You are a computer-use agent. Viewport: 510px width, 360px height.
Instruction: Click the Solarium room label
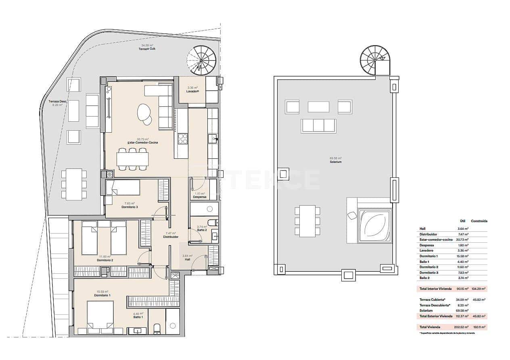click(x=335, y=162)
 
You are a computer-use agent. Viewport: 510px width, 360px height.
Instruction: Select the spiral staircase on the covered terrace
click(x=203, y=60)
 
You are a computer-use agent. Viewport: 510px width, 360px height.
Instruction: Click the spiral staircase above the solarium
click(x=375, y=60)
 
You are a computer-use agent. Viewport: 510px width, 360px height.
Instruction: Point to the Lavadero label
click(x=193, y=91)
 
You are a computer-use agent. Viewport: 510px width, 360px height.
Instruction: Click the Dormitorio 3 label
click(x=130, y=207)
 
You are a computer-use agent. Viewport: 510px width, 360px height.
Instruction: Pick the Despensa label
click(x=200, y=197)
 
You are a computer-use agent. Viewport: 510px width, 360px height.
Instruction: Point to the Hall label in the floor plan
click(x=187, y=259)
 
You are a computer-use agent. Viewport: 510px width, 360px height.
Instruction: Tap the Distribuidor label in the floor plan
click(x=171, y=237)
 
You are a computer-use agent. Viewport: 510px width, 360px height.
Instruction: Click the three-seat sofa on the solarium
click(x=318, y=126)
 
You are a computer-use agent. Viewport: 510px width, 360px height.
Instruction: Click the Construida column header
click(x=479, y=221)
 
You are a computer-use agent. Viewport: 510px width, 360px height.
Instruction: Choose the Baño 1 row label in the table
click(x=425, y=262)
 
